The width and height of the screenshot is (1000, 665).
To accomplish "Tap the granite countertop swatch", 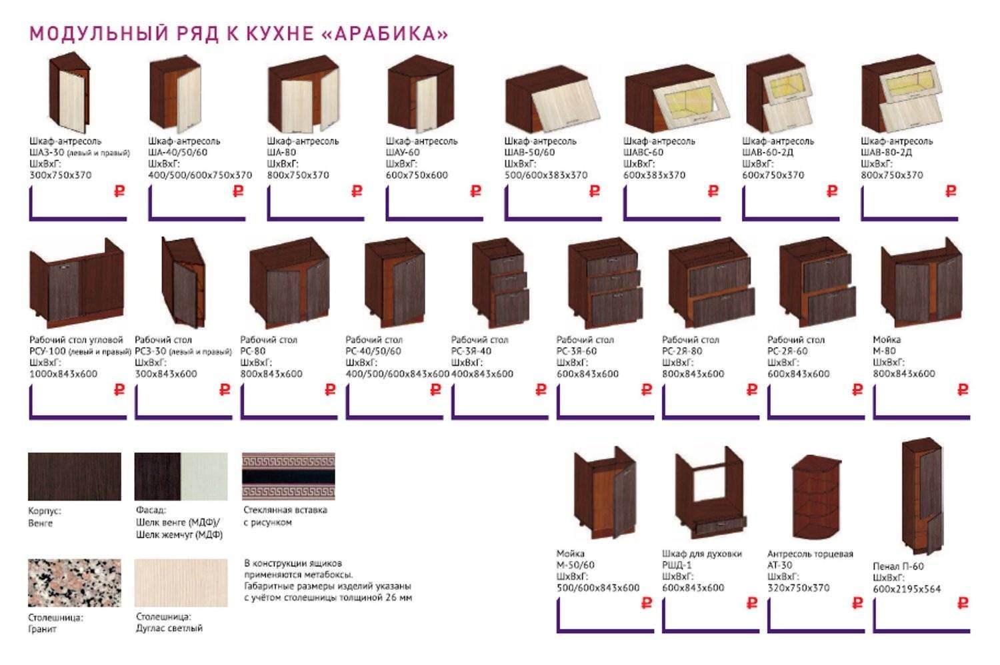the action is (x=75, y=582).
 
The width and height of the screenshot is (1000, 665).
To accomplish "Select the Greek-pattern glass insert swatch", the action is (x=289, y=476).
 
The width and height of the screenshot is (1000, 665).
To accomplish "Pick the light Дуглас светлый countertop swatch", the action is (x=181, y=582).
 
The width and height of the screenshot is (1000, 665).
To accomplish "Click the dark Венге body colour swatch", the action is (x=75, y=476).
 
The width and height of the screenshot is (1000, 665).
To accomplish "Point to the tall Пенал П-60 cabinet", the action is (x=923, y=495).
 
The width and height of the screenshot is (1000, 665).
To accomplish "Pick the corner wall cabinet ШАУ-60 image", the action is (x=421, y=94).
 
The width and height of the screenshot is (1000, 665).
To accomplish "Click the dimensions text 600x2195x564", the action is (x=907, y=589).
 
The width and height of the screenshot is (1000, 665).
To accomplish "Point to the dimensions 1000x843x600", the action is (x=63, y=374).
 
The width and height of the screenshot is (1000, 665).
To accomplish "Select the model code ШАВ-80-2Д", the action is (x=886, y=152).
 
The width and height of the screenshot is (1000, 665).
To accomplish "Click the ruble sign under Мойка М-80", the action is (x=963, y=390).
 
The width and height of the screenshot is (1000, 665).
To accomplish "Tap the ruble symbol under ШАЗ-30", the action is (x=119, y=191).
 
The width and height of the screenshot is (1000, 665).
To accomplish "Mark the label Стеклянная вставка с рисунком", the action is (x=285, y=516).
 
